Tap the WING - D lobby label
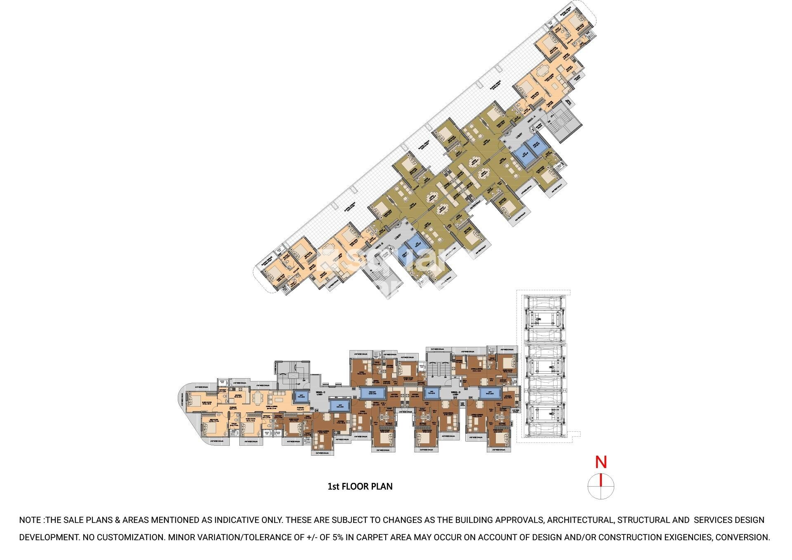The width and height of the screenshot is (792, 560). point(455,393)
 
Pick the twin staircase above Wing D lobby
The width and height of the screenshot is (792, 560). point(438,368)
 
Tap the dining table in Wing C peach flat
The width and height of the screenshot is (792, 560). point(257,398)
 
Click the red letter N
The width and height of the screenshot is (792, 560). point(601,462)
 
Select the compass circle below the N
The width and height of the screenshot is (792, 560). point(601,486)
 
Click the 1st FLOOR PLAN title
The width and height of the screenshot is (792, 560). point(360,487)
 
